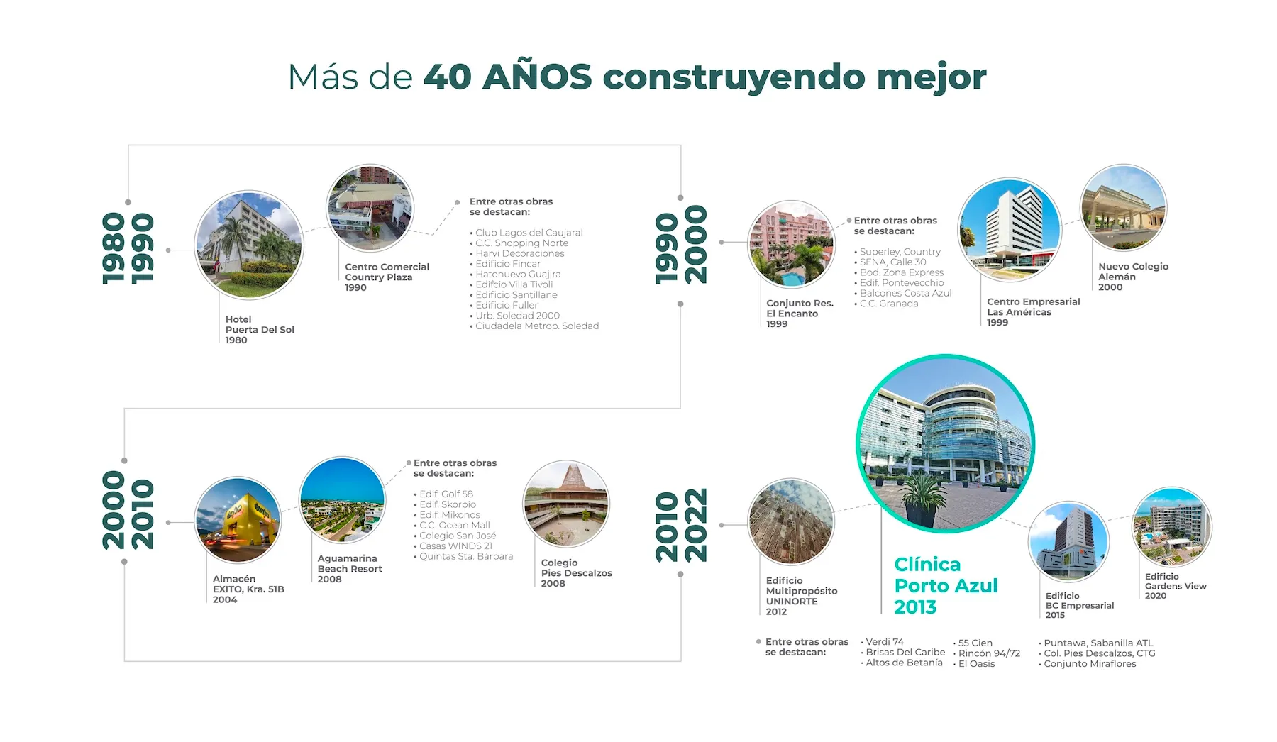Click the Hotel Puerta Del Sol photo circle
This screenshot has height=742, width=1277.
[x=249, y=245]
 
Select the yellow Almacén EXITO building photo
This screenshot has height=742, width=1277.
[x=238, y=520]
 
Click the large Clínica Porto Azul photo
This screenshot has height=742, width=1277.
[x=946, y=443]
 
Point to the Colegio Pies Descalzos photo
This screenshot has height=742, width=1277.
[x=566, y=504]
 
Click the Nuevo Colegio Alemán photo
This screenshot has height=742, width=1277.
[x=1123, y=207]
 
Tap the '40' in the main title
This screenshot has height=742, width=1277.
[x=448, y=77]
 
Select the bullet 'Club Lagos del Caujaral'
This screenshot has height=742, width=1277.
[x=526, y=233]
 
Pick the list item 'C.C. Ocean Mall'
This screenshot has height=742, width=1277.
[x=452, y=525]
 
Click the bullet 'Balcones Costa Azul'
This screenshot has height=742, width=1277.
[x=903, y=293]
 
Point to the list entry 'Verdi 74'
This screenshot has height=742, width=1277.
[x=883, y=642]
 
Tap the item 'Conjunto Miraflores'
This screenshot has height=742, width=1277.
[x=1088, y=664]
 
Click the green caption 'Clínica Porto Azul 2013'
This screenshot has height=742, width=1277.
[x=946, y=585]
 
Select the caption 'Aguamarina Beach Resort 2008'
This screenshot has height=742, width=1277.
[x=350, y=569]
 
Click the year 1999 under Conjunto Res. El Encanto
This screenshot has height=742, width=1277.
[x=777, y=324]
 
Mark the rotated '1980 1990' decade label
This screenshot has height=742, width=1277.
[x=128, y=248]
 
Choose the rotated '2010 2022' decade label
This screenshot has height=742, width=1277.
[x=681, y=525]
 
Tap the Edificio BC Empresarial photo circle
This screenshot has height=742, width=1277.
[x=1068, y=542]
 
